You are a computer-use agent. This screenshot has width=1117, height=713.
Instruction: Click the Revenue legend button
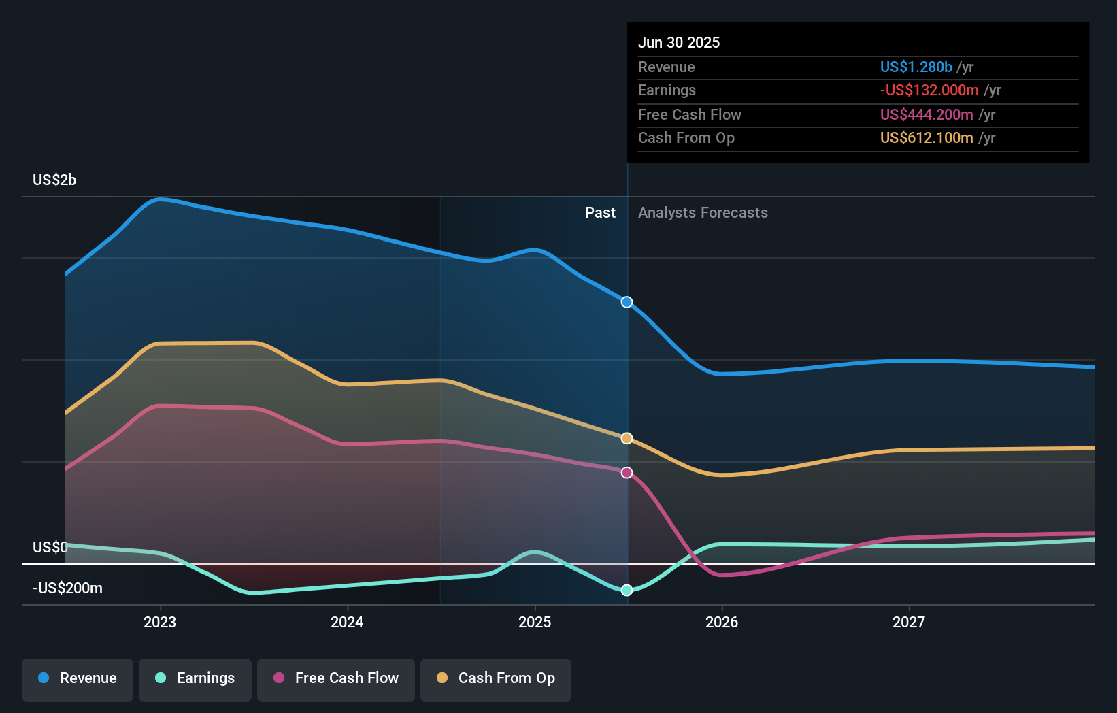(78, 678)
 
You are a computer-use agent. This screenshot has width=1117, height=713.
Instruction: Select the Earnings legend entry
(195, 678)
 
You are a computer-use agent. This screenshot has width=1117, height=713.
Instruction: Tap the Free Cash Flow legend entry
(336, 678)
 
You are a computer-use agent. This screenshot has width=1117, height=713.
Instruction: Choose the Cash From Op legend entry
(496, 678)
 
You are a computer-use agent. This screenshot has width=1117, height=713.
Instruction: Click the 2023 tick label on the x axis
(160, 623)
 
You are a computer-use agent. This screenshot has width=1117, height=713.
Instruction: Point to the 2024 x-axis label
(347, 623)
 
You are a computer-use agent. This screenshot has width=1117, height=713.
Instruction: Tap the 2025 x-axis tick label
(535, 623)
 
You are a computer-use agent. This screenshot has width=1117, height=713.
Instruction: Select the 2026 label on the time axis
(722, 623)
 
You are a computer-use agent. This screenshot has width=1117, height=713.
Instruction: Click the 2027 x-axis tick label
(909, 623)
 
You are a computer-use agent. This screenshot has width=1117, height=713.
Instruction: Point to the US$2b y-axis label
(54, 180)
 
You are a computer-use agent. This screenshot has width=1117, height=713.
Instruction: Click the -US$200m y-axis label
(67, 588)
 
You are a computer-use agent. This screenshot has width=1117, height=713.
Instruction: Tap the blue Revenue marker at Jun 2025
(627, 302)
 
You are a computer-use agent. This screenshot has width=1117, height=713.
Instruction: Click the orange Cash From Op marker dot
(627, 439)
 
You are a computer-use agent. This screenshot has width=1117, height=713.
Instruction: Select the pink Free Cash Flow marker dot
(627, 473)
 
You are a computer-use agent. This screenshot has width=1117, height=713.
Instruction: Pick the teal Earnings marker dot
(627, 591)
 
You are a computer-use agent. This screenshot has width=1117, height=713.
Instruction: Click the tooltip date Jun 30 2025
(679, 43)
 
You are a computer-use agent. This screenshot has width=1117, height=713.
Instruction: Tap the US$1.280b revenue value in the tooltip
(916, 67)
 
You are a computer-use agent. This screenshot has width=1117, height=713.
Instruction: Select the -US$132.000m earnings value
(929, 90)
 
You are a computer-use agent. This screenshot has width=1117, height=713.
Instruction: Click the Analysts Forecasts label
(703, 213)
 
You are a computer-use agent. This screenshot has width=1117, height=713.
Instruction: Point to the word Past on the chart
(600, 213)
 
